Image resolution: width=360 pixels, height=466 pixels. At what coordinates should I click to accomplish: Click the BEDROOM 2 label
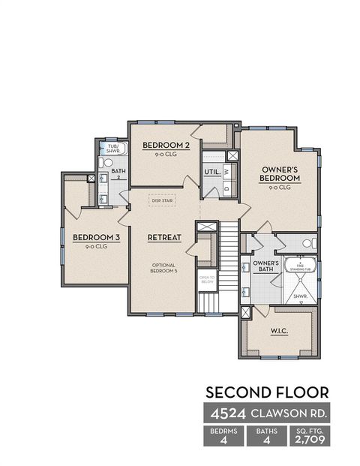click(166, 145)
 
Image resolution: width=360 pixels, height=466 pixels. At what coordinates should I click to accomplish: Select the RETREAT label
click(164, 237)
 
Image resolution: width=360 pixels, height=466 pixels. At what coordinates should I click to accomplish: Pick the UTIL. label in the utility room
click(211, 173)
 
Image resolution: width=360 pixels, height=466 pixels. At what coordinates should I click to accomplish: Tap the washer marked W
click(225, 172)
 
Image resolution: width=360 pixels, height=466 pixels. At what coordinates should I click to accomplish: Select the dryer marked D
click(225, 189)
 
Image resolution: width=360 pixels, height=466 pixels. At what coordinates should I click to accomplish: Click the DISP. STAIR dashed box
click(163, 200)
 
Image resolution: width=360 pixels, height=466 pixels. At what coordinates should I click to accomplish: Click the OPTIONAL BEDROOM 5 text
click(163, 268)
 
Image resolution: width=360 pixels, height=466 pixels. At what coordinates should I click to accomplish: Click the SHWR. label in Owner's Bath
click(300, 296)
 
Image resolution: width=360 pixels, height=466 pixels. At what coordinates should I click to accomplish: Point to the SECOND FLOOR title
click(266, 392)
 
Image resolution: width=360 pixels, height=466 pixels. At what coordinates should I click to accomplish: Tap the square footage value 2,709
click(308, 440)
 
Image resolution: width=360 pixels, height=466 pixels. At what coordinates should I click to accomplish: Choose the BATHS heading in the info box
click(266, 431)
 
